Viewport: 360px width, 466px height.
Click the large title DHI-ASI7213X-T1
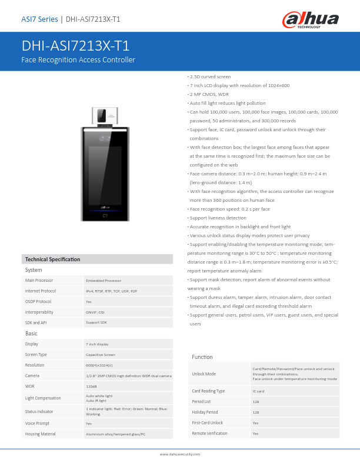(75, 46)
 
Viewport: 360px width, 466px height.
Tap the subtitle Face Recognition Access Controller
(78, 60)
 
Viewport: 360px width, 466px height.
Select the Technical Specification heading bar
(52, 259)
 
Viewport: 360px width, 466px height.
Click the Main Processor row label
(39, 281)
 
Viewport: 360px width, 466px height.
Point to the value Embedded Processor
(104, 281)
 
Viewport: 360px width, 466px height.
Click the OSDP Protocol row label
(38, 302)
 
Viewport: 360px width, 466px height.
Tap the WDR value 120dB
(91, 387)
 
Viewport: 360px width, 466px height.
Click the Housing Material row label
(40, 434)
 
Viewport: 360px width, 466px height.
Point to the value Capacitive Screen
(101, 355)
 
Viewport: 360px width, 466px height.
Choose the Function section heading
(202, 357)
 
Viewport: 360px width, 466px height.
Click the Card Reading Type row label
(208, 391)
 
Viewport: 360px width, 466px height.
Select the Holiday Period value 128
(256, 412)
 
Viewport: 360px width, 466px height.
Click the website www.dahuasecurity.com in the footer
(180, 454)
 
